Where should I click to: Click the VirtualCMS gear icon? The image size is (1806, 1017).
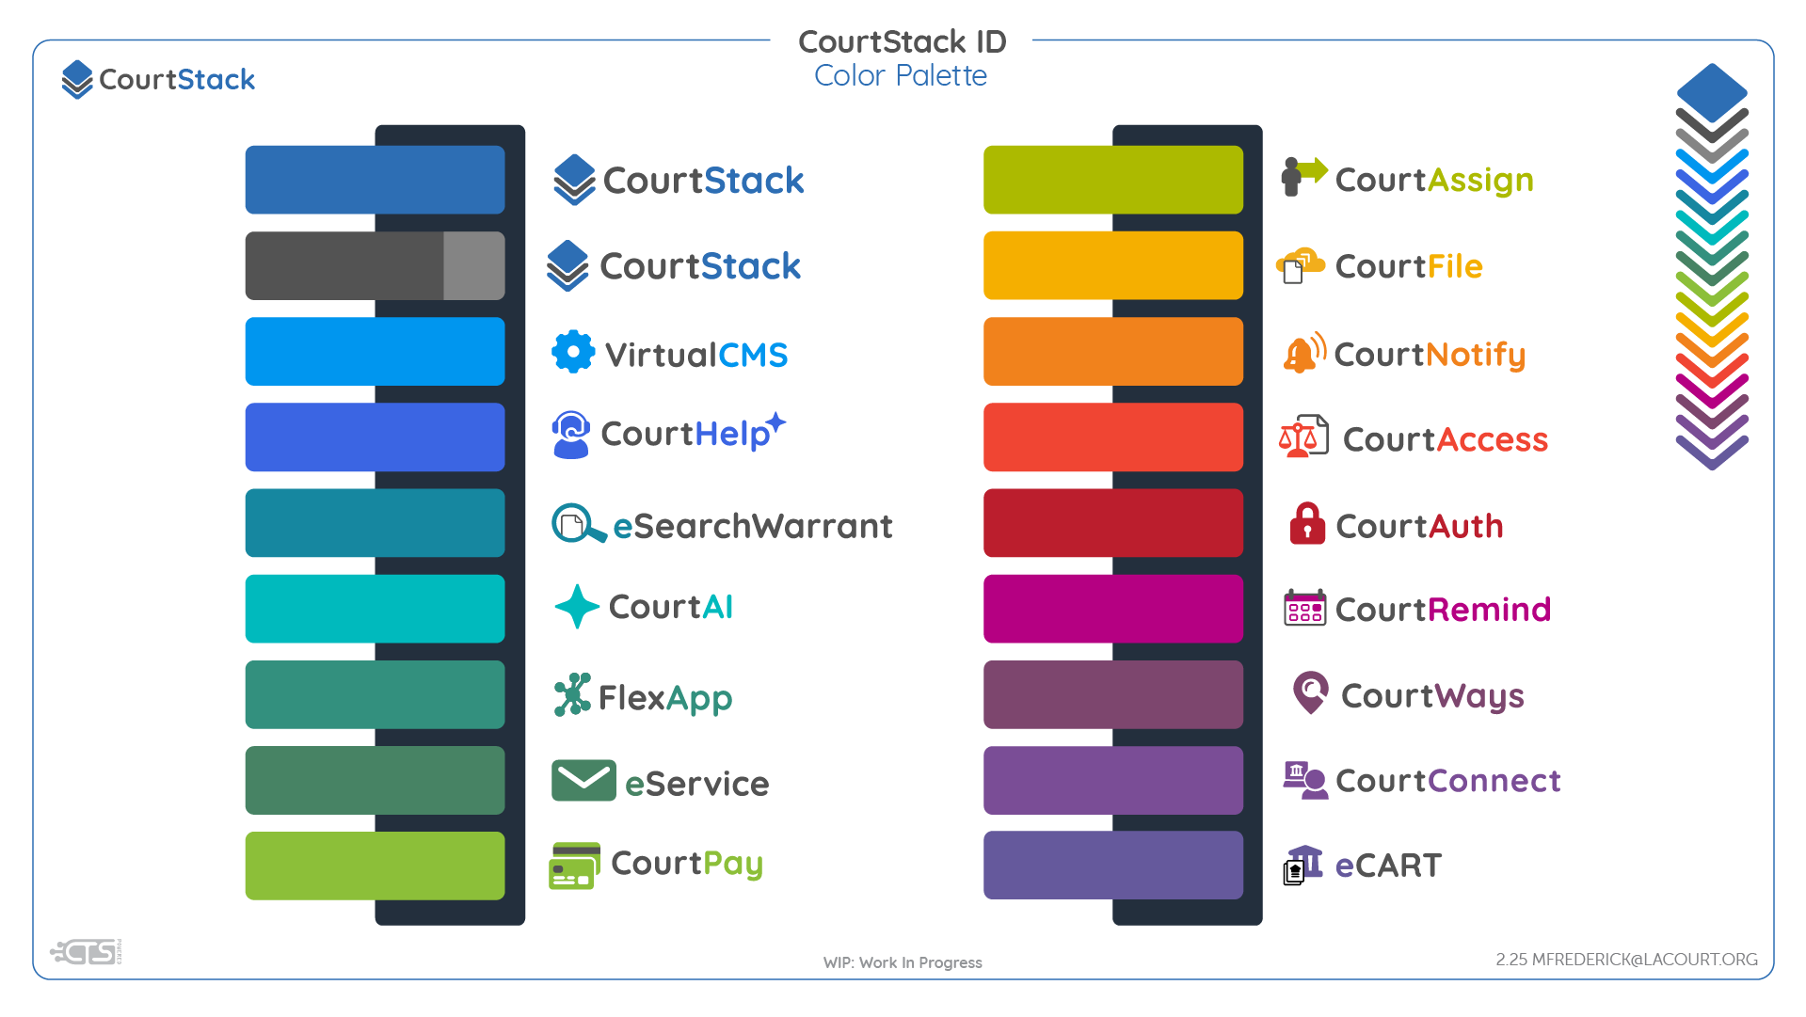573,353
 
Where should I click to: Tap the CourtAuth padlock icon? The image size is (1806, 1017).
1306,524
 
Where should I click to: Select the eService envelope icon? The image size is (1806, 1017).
583,780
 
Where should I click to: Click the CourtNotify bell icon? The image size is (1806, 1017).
1303,354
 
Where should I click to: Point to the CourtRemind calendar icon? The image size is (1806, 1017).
1304,609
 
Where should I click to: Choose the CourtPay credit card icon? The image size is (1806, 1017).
574,866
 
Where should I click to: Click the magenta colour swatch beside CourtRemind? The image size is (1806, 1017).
1112,609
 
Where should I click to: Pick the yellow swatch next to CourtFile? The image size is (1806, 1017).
1112,265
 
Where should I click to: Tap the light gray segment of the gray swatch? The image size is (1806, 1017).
474,265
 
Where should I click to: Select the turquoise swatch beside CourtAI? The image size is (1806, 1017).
375,609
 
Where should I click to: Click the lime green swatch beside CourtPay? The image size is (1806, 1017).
375,866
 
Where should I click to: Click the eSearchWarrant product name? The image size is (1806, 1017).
752,526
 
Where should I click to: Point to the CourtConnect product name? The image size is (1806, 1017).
1447,781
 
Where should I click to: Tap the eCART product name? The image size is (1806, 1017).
1388,866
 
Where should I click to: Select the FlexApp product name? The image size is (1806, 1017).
664,698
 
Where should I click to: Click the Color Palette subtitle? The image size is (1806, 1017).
901,76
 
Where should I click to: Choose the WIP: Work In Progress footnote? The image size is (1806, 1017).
903,962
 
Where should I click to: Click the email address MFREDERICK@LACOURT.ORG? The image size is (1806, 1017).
1644,960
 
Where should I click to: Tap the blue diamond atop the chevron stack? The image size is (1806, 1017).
1712,90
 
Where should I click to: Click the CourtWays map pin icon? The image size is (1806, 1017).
1310,692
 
